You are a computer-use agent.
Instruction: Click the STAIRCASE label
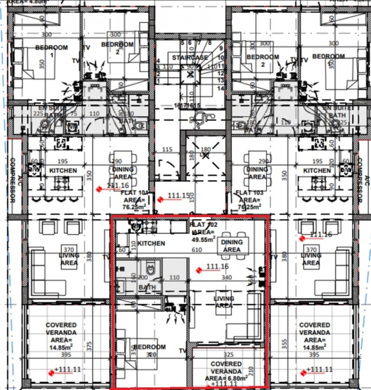coord(190,58)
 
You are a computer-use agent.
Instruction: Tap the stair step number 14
coord(221,88)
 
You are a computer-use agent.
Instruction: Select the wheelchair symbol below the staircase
coord(200,117)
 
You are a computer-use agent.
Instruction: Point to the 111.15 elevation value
coord(179,196)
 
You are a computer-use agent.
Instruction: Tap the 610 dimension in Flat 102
coord(197,250)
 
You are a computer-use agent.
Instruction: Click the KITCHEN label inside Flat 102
coord(151,244)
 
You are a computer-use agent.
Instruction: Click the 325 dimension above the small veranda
coord(228,354)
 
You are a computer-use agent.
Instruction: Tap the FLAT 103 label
coord(247,193)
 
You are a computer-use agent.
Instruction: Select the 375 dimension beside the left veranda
coord(89,346)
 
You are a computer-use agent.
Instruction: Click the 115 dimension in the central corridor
coord(167,149)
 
